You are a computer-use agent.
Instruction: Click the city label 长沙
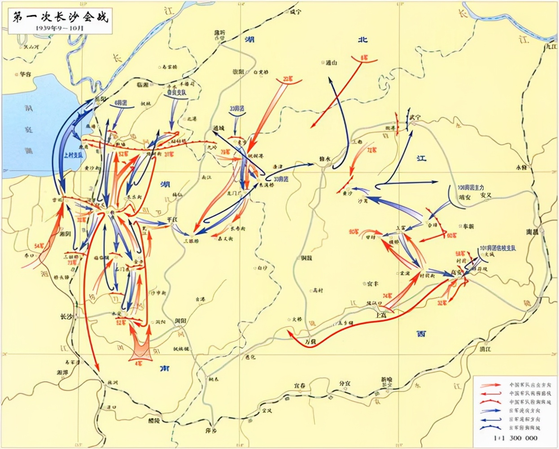click(66, 317)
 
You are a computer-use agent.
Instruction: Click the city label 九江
click(550, 46)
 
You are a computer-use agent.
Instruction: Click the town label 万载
click(310, 342)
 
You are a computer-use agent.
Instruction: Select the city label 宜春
click(299, 385)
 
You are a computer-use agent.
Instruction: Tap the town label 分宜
click(345, 383)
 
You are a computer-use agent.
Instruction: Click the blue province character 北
click(362, 40)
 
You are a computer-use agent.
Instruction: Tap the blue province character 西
click(421, 334)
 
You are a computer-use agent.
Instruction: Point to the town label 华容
click(22, 74)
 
